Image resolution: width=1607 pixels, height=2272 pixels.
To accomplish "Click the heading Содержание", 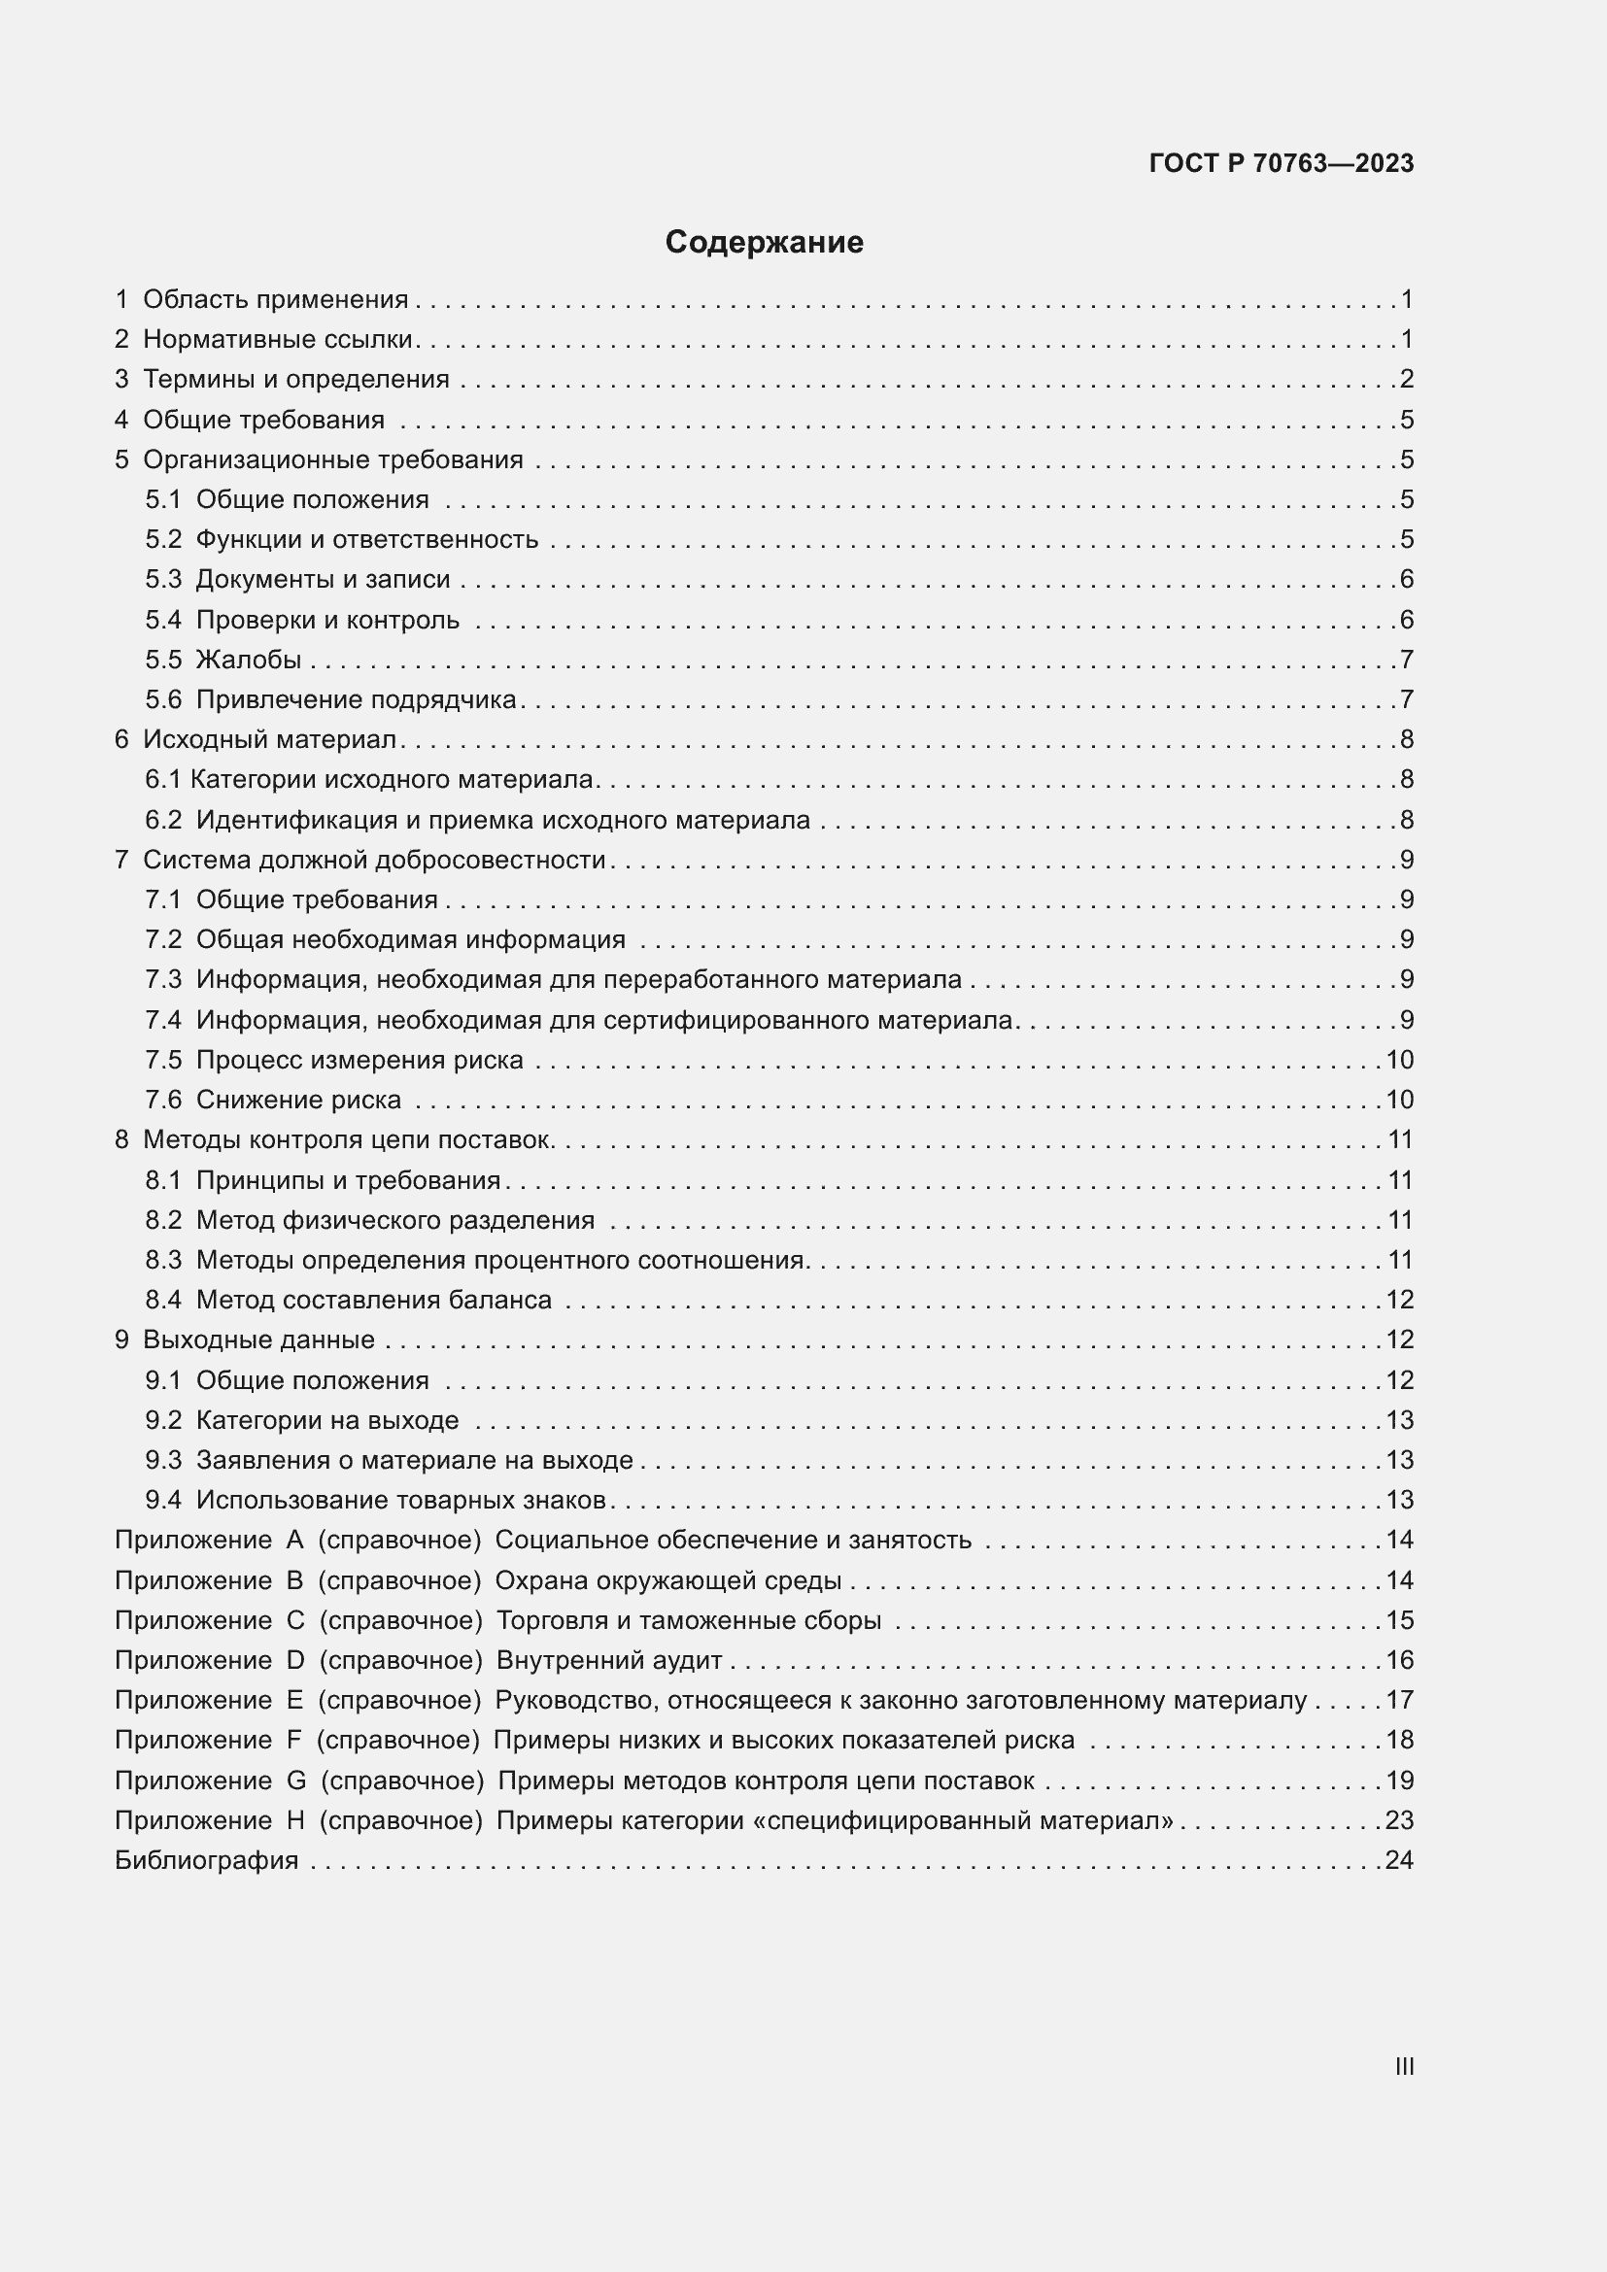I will pos(764,243).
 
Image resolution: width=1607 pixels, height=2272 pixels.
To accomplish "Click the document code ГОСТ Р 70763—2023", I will pos(1282,164).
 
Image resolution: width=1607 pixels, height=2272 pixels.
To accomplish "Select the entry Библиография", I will pos(207,1860).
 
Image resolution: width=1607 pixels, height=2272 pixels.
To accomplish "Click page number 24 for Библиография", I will pos(1399,1860).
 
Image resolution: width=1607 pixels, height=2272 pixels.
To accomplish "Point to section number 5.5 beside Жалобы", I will pos(164,660).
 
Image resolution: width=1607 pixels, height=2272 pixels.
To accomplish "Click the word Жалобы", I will pos(249,660).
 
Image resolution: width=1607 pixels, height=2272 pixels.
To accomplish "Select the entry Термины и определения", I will pos(296,379).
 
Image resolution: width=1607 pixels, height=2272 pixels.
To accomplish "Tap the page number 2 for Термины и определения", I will pos(1406,379).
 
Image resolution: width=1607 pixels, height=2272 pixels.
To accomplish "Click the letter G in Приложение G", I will pos(296,1780).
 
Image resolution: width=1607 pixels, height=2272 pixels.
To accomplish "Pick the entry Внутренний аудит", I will pos(608,1660).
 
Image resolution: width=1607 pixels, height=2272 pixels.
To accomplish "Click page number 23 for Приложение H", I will pos(1399,1820).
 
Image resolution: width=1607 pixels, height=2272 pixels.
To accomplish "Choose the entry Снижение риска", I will pos(299,1100).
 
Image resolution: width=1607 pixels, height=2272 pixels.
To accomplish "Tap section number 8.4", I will pos(164,1300).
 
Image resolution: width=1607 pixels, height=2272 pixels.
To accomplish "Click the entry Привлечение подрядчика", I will pos(357,699).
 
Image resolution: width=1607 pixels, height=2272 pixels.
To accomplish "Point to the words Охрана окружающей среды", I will pos(667,1580).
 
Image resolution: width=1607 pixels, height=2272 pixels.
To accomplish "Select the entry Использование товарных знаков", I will pos(400,1500).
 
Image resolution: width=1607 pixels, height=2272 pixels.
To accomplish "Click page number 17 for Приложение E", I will pos(1399,1700).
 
